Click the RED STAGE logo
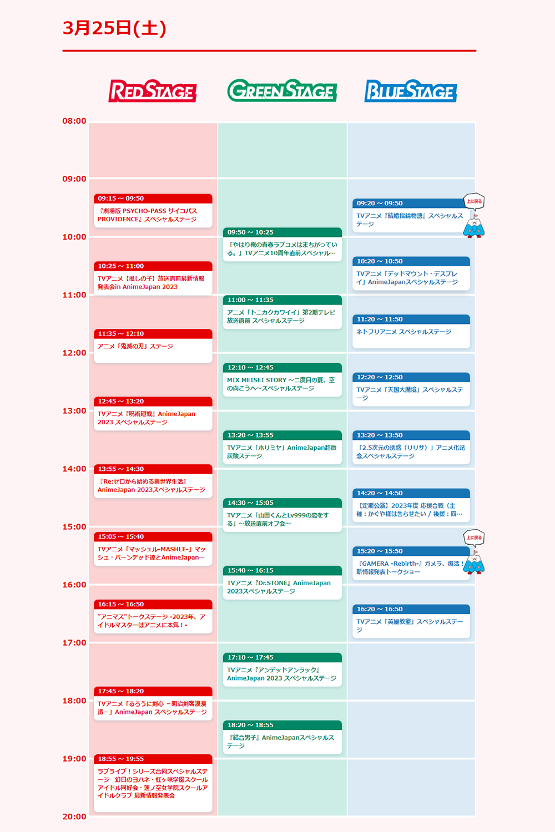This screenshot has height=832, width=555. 153,91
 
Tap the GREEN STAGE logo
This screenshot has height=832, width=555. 282,90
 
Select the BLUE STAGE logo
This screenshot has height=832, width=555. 411,91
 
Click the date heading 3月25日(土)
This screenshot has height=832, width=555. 114,28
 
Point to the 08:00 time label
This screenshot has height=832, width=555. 74,121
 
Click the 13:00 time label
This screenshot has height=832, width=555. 74,411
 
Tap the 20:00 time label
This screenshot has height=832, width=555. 74,816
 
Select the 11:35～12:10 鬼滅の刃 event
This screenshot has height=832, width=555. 153,346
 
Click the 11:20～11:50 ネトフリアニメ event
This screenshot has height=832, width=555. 411,332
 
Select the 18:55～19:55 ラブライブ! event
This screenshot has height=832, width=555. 153,783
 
